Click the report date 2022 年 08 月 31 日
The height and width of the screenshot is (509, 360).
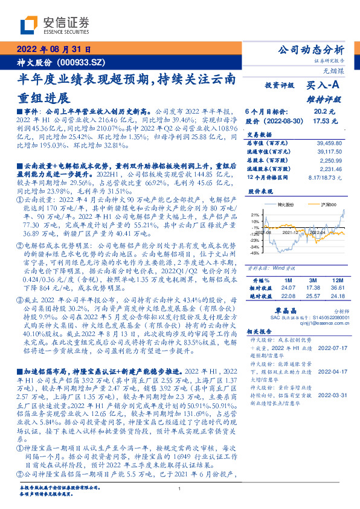pos(54,50)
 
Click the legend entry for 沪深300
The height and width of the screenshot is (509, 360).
pos(313,206)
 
